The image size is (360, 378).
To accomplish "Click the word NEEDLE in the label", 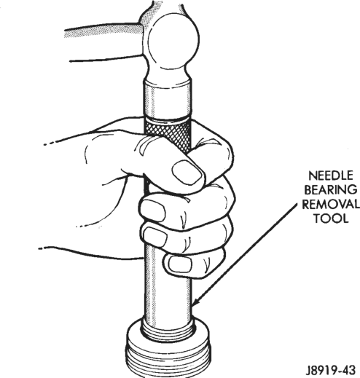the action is coord(331,176).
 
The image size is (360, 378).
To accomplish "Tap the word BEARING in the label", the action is coord(330,189).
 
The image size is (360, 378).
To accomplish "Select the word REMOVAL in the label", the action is coord(331,204).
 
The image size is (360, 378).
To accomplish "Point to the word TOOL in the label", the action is coord(331,218).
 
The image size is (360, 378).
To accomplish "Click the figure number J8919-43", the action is coord(330,370).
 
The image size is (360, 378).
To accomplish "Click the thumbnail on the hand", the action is coord(187,173).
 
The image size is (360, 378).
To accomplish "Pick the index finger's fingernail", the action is coord(153,210).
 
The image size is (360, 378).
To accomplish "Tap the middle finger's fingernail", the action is coord(155,237).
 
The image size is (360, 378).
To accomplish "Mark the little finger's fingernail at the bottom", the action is coord(180,264).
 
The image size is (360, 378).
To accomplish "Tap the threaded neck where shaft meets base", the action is coord(168,330).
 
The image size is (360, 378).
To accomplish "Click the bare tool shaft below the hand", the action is coord(168,299).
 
